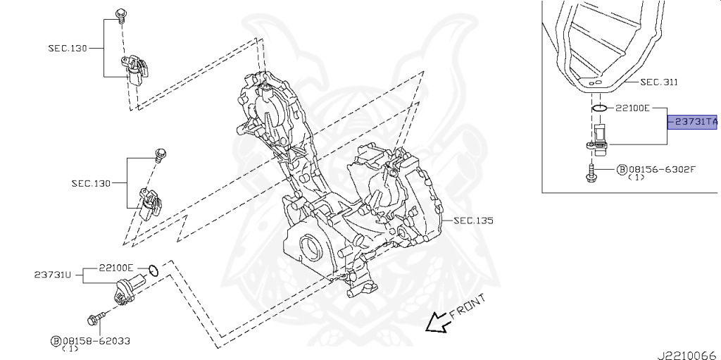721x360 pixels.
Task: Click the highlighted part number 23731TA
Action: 695,122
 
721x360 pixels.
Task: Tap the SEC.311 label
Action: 658,82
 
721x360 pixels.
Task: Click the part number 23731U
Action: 54,274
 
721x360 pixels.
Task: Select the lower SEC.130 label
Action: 91,183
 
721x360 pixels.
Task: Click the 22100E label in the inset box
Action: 632,108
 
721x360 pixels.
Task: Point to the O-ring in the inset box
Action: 597,108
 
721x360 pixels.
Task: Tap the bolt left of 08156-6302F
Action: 590,171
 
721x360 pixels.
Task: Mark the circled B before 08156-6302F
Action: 622,169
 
